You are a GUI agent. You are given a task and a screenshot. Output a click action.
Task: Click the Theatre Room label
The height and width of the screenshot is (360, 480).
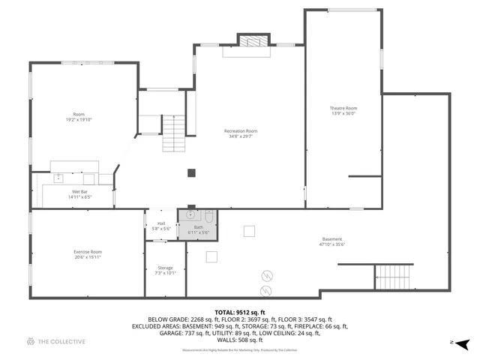(x=343, y=108)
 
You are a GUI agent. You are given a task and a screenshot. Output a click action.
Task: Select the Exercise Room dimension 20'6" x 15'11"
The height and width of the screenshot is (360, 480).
(x=88, y=257)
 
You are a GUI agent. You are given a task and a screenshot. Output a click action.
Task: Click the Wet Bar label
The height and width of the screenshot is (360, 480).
(x=80, y=192)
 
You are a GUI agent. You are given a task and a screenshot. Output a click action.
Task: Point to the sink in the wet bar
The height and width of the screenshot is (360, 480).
(x=58, y=178)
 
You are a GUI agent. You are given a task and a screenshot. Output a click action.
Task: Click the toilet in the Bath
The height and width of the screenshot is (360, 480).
(x=209, y=217)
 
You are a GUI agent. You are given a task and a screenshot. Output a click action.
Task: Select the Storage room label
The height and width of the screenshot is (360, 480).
(x=165, y=268)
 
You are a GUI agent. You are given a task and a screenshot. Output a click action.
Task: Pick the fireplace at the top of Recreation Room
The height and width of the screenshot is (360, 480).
(x=253, y=43)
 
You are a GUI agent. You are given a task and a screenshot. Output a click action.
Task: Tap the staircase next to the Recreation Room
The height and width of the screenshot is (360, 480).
(x=174, y=133)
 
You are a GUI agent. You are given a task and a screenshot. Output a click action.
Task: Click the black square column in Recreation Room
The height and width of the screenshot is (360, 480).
(x=191, y=172)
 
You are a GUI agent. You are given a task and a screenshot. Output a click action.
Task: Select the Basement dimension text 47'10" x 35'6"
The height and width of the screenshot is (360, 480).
(x=331, y=244)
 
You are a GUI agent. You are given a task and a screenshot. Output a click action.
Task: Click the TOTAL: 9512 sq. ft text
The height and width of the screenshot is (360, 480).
(x=240, y=311)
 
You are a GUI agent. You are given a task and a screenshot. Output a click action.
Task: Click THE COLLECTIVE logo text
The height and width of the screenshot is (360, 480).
(x=61, y=342)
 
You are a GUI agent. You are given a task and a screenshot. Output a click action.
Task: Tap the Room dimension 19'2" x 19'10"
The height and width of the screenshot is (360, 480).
(x=79, y=118)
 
